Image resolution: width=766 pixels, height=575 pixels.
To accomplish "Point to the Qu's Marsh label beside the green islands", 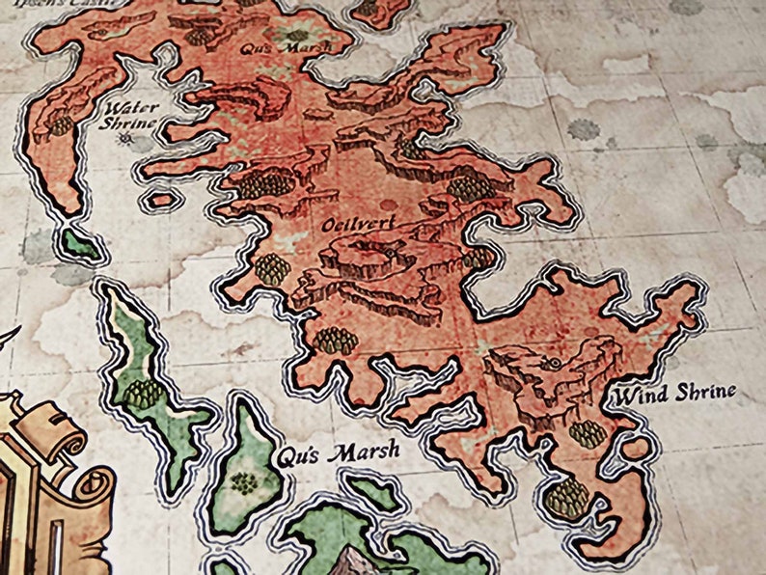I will point(338,453).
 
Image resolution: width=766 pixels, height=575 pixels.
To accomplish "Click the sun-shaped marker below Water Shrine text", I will point(125,141).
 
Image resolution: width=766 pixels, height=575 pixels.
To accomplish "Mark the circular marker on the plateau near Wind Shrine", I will point(555,363).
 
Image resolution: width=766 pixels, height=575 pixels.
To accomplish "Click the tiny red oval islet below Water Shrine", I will point(164,201).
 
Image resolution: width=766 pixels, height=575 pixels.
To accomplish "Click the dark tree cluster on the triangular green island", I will point(245,481).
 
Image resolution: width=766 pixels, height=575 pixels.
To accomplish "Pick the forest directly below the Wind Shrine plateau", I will point(587,433).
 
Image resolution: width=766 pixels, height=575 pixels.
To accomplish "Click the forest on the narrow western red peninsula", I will point(61,126).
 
